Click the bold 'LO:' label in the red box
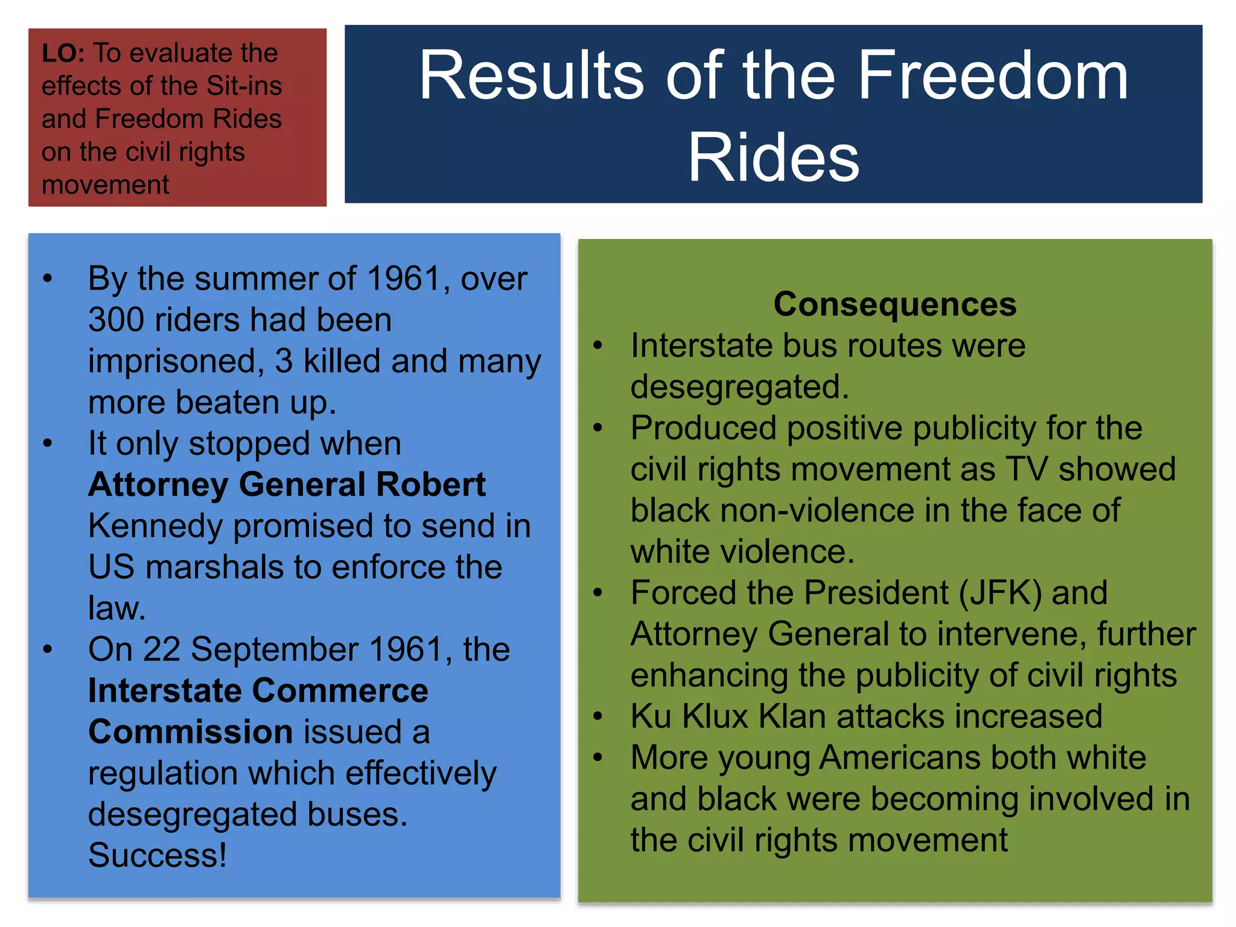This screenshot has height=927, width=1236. (63, 53)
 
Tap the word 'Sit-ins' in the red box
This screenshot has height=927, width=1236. (244, 86)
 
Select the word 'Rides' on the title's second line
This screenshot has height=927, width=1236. (773, 158)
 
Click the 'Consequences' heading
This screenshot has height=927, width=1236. (894, 304)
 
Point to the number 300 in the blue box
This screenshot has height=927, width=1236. (117, 320)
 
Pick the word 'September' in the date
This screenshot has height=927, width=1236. (275, 650)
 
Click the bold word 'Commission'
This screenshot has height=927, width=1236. (191, 732)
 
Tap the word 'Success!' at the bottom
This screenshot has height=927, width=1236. (158, 855)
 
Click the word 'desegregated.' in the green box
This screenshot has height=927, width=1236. (739, 387)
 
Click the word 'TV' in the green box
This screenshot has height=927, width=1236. (1026, 469)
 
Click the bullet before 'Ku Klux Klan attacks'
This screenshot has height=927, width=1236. (597, 716)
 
